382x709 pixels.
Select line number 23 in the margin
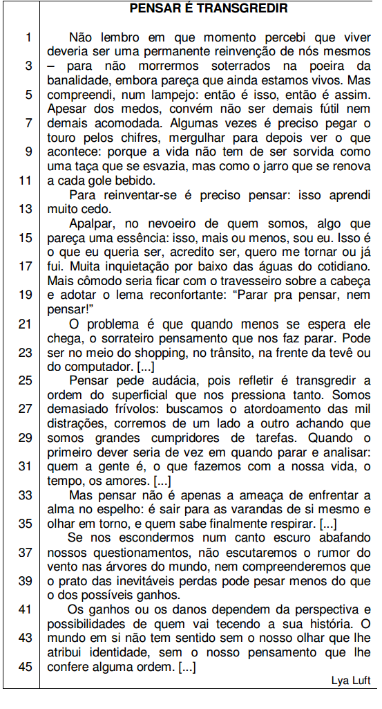click(x=26, y=352)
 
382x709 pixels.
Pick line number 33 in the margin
click(x=26, y=495)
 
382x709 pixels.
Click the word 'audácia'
click(x=180, y=380)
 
